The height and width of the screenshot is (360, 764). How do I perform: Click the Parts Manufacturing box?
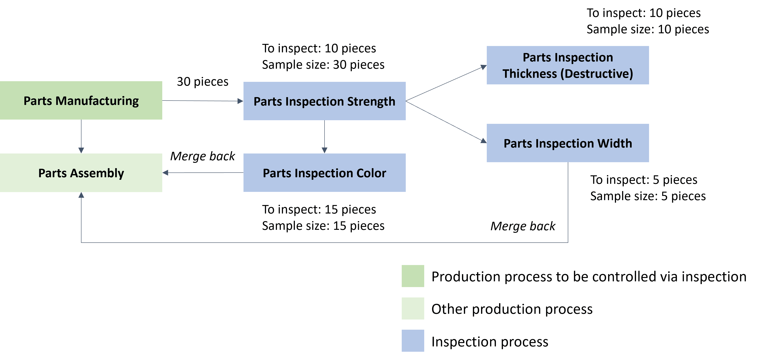tap(81, 100)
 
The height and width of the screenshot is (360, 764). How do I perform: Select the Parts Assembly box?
tap(81, 173)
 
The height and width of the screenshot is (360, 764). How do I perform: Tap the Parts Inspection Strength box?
tap(325, 101)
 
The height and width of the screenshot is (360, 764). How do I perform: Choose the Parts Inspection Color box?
tap(325, 173)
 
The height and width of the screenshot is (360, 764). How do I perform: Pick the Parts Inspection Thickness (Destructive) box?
tap(568, 65)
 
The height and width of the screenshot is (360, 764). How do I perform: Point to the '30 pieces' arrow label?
tap(203, 82)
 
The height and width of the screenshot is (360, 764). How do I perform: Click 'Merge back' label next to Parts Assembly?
tap(203, 156)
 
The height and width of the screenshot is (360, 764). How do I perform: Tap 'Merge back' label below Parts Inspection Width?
tap(523, 226)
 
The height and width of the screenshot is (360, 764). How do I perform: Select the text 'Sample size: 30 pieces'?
tap(323, 65)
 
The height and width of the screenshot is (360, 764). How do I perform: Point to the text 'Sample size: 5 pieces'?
tap(648, 196)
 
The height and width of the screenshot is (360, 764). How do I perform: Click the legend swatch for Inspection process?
tap(413, 341)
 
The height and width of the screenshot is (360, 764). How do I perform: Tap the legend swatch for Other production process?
tap(413, 308)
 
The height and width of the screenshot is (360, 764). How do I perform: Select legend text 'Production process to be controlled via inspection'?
tap(589, 276)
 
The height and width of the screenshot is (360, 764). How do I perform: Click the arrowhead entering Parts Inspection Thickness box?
tap(483, 67)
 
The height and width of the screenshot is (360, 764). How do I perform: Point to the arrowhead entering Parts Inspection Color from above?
tap(325, 150)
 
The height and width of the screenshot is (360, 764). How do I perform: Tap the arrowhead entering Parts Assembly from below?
tap(81, 195)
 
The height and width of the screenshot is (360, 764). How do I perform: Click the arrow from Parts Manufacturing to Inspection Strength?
tap(203, 101)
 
